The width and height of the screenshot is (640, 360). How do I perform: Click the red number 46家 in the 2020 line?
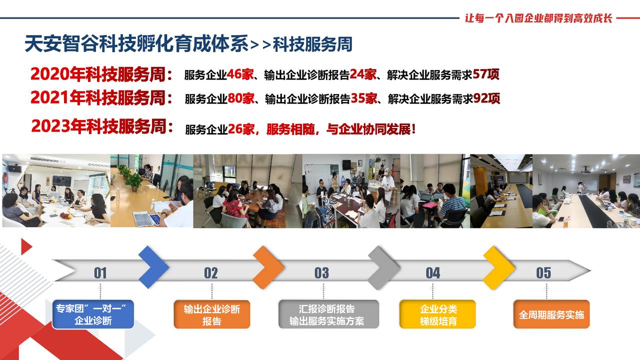(240, 74)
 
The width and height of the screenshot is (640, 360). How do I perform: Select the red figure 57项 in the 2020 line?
(485, 74)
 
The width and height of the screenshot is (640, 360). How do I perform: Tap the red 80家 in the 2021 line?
(241, 98)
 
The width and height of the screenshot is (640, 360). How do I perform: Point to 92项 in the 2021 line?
(486, 98)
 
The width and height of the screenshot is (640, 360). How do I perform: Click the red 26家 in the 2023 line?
(241, 129)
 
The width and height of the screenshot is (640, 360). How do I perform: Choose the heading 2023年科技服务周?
(102, 126)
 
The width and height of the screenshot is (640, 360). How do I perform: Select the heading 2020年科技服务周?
(101, 74)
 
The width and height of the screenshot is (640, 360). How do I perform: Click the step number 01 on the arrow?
(100, 273)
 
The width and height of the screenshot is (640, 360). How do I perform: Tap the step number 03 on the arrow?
(321, 273)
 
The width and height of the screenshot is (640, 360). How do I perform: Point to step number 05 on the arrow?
(543, 273)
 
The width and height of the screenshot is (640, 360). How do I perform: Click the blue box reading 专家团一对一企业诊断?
(93, 314)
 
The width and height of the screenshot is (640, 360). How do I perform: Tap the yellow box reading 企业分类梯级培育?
(437, 314)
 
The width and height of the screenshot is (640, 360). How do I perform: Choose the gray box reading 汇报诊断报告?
(329, 314)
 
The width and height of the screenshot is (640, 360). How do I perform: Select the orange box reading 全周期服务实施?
(551, 314)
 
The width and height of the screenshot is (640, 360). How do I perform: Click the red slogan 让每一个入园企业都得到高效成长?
(538, 18)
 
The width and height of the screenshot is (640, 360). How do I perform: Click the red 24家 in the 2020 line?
(363, 74)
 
